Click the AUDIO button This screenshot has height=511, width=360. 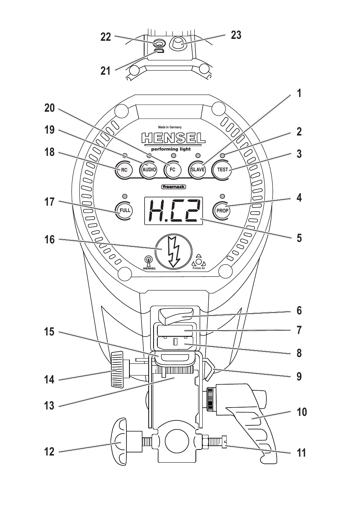(x=149, y=169)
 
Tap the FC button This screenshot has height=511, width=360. (x=173, y=169)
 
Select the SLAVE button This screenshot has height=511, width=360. (x=198, y=169)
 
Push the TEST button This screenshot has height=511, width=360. (x=222, y=169)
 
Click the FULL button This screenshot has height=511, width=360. (x=125, y=210)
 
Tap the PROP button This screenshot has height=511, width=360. (x=222, y=210)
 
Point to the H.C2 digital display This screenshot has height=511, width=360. (x=174, y=211)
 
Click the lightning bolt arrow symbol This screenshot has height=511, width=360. (x=174, y=252)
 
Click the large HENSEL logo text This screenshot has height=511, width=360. (x=173, y=138)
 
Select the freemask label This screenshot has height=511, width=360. (x=174, y=187)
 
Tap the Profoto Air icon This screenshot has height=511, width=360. (x=199, y=262)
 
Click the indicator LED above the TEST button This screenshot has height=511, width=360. (x=222, y=155)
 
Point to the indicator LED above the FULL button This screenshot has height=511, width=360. (x=125, y=196)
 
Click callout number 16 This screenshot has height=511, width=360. (x=49, y=240)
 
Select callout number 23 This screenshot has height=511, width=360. (x=236, y=35)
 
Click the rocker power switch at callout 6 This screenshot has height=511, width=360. (x=177, y=316)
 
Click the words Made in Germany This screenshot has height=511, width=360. (x=170, y=127)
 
